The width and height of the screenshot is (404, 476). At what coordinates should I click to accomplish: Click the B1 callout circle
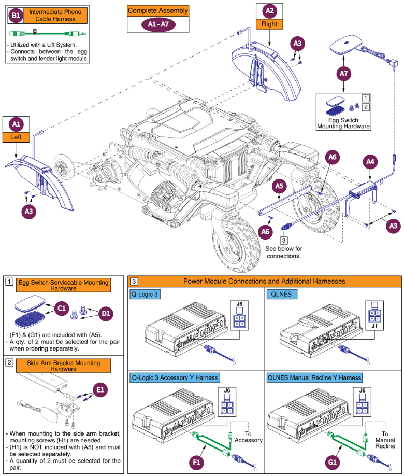pos(16,16)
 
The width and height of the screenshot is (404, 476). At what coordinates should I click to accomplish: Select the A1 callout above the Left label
pos(16,124)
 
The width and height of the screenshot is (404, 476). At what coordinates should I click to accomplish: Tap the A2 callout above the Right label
pos(269,11)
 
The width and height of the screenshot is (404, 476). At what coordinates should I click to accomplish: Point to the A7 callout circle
pos(343,74)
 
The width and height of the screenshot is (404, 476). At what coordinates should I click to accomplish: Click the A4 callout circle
pos(370,162)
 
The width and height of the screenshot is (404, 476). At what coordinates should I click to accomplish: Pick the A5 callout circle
pos(279,186)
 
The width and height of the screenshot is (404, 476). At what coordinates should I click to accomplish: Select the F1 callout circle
pos(196,462)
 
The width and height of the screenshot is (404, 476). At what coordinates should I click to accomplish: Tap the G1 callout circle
pos(332,462)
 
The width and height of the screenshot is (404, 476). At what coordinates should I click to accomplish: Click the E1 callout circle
pos(100,390)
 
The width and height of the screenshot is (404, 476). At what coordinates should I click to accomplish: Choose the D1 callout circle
pos(106,314)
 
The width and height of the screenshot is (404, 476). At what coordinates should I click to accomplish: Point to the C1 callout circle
pos(62,309)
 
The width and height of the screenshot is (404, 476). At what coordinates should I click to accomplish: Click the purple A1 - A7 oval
pos(158,24)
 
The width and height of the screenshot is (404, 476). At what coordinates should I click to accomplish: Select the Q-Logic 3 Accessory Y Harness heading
pos(175,377)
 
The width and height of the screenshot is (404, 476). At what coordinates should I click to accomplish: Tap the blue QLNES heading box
pos(282,294)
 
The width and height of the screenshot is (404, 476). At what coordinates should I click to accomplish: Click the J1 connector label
pos(374,326)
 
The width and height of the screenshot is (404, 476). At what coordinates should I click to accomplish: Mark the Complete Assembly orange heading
pos(158,11)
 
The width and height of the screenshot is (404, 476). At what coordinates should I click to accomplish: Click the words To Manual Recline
pos(385,440)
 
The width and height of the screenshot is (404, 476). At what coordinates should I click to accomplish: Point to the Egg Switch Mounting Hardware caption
pos(343,123)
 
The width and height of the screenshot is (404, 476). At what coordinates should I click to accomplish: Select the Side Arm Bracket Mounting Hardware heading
pos(63,366)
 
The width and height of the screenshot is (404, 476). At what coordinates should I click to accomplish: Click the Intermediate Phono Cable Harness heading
pos(55,16)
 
